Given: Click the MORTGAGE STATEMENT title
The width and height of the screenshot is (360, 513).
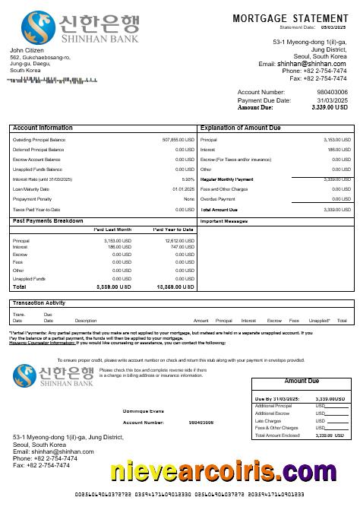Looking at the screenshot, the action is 290,18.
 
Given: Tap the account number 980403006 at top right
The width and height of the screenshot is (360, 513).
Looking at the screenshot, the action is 332,92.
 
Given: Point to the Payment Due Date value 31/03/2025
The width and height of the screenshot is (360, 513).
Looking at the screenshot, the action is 332,100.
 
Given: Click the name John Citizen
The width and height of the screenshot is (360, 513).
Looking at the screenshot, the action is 27,50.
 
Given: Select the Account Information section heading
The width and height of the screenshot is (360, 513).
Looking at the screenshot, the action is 43,128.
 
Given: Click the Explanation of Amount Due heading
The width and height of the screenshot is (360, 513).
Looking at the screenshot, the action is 242,128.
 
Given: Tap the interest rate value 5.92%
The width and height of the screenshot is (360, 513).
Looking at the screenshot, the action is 188,179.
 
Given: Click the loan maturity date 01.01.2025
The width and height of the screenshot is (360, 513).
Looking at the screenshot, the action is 183,189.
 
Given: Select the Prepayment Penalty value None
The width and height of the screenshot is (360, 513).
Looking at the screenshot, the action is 189,199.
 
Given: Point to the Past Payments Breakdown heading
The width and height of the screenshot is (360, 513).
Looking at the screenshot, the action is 48,221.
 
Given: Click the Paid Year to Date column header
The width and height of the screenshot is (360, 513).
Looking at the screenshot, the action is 173,229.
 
